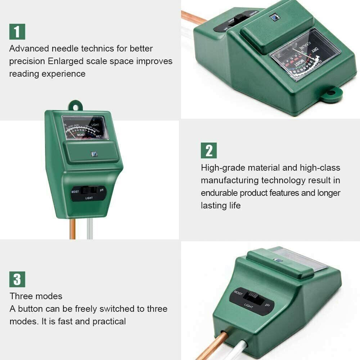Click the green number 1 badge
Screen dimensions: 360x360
click(x=17, y=31)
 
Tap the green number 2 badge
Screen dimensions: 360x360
click(x=209, y=150)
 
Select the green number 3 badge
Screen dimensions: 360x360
click(x=17, y=279)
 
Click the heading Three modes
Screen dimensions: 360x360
click(x=36, y=296)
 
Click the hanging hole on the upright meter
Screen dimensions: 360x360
click(x=75, y=107)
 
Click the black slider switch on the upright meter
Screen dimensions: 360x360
click(x=88, y=190)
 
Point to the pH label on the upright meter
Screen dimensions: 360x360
click(x=102, y=190)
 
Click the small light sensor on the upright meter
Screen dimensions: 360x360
click(x=94, y=154)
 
